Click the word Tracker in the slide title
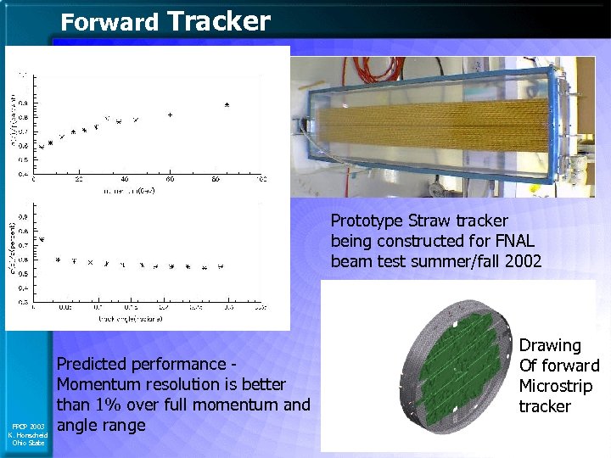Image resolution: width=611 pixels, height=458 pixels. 219,21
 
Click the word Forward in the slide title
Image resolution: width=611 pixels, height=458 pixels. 109,23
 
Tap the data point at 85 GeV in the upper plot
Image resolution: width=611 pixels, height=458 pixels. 227,104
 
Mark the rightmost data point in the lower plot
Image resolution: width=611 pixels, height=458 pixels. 221,266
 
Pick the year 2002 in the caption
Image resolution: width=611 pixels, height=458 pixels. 523,261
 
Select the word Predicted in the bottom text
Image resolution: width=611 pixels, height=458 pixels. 92,364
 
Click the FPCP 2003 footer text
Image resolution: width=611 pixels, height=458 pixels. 25,426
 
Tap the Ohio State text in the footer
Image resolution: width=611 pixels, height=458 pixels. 25,443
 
